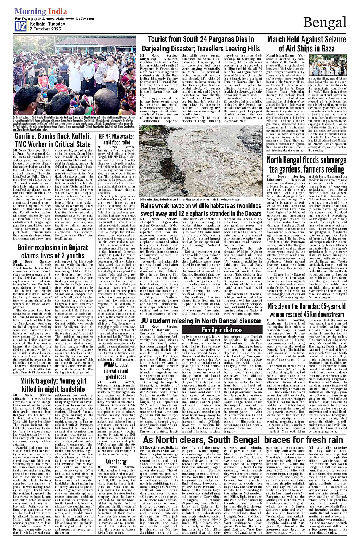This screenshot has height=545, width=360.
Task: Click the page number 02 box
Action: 21,26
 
